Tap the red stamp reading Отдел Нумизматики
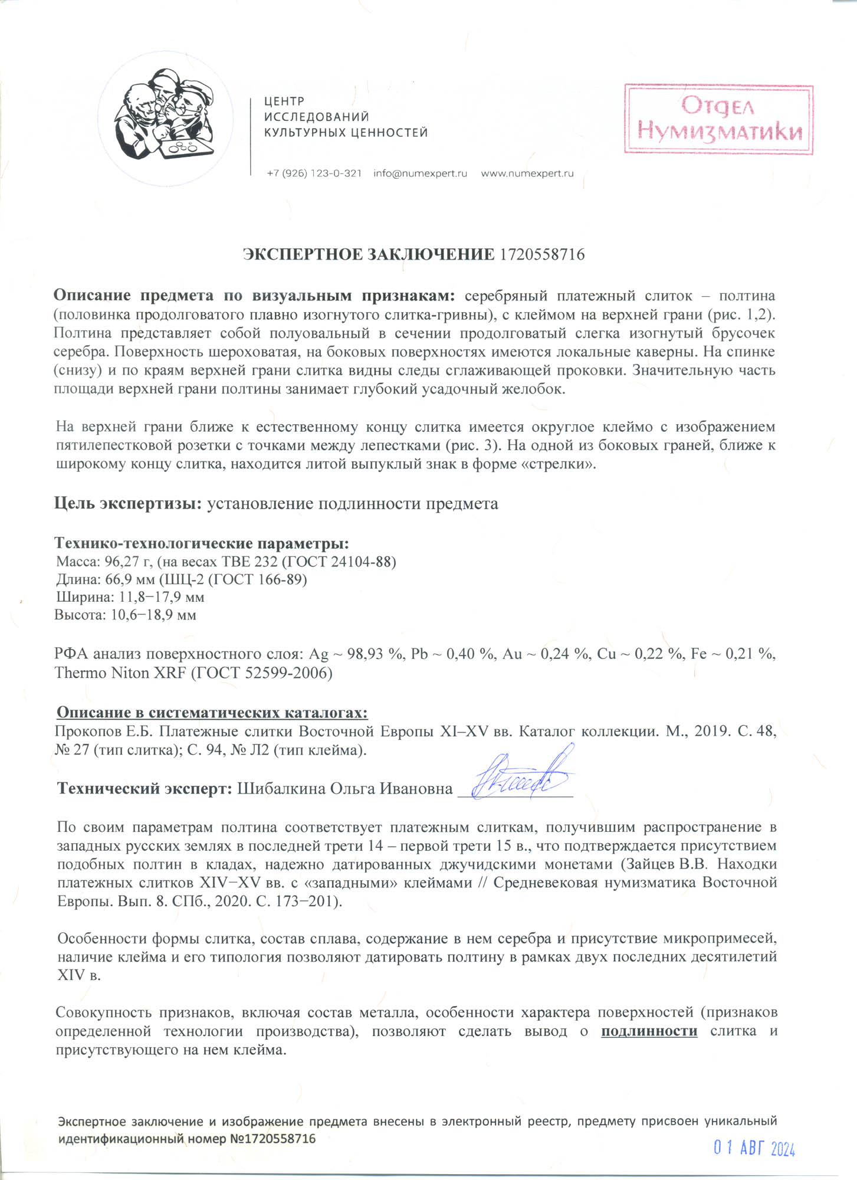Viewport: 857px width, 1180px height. pyautogui.click(x=718, y=119)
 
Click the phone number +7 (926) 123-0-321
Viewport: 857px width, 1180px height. pyautogui.click(x=314, y=173)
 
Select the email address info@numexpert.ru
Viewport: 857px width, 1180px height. pyautogui.click(x=420, y=173)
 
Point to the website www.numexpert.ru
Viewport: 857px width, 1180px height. pyautogui.click(x=527, y=173)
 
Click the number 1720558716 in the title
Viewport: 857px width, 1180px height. pyautogui.click(x=542, y=255)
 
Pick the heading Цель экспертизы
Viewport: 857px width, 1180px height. pyautogui.click(x=128, y=503)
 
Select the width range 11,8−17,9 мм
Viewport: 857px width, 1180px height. pyautogui.click(x=162, y=597)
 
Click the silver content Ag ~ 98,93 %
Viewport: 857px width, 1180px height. pyautogui.click(x=357, y=654)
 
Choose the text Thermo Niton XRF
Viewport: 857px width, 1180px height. pyautogui.click(x=120, y=673)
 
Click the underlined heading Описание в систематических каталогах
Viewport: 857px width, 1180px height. pyautogui.click(x=212, y=713)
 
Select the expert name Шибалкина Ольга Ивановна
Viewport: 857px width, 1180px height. pyautogui.click(x=344, y=789)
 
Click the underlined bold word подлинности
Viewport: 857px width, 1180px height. pyautogui.click(x=649, y=1031)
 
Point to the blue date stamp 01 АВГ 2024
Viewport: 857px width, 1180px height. pyautogui.click(x=754, y=1148)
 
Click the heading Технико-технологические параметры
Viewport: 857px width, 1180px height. pyautogui.click(x=202, y=543)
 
